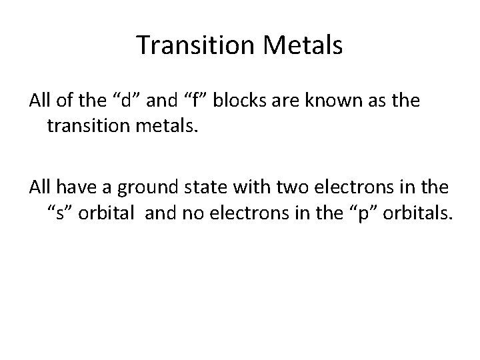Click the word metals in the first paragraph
[x=169, y=126]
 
